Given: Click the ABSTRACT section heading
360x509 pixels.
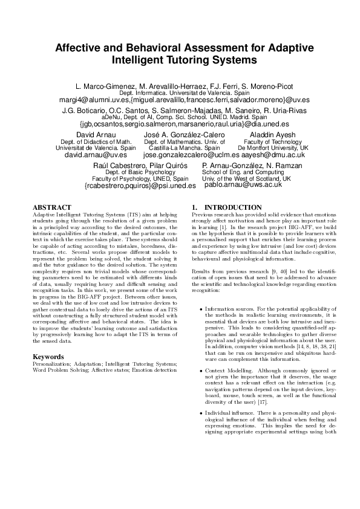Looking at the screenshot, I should tap(53, 207).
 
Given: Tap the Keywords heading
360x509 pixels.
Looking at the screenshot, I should tap(48, 357).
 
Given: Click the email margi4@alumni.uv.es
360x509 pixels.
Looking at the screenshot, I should tap(92, 99).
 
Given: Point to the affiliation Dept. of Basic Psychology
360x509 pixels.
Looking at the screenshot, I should tap(140, 172).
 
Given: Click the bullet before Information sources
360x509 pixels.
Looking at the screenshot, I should tap(201, 309).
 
